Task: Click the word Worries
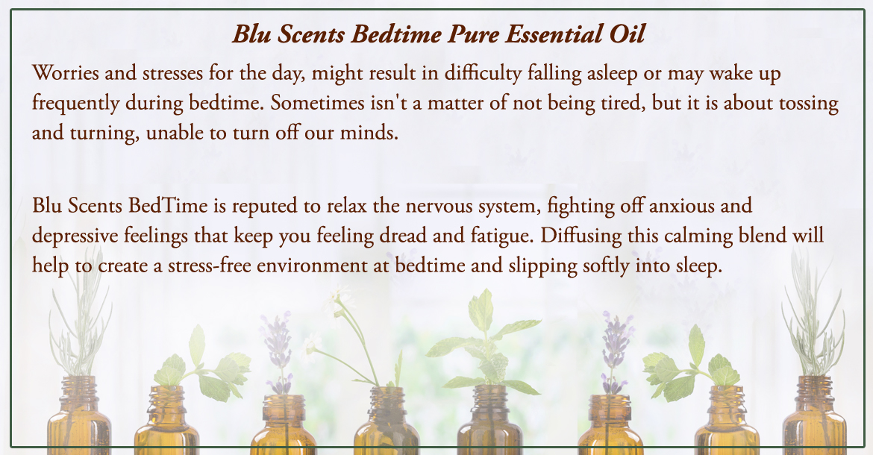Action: (65, 73)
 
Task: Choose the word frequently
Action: (75, 104)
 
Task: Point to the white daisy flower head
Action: (339, 298)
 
